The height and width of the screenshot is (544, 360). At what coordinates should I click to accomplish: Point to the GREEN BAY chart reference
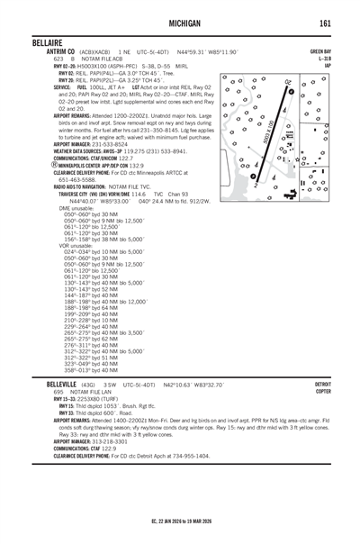321,52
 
